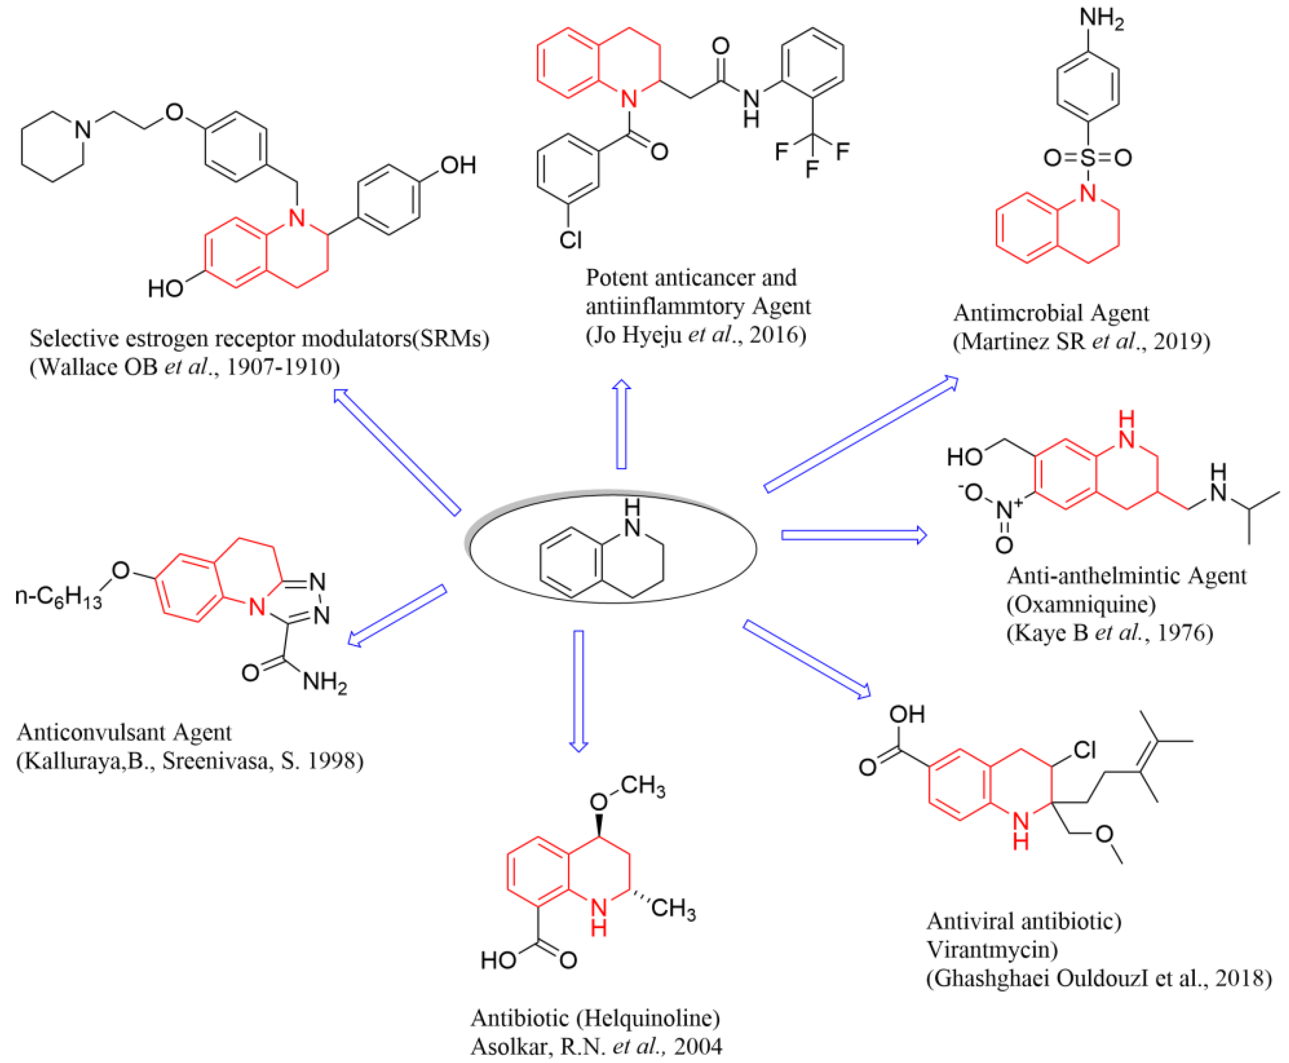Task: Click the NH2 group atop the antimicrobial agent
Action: pos(1101,19)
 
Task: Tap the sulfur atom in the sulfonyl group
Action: pos(1088,158)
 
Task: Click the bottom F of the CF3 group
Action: pos(812,169)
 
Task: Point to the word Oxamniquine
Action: pos(1081,604)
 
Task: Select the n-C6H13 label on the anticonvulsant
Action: pos(58,595)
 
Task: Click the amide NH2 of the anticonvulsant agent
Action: pos(324,681)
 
